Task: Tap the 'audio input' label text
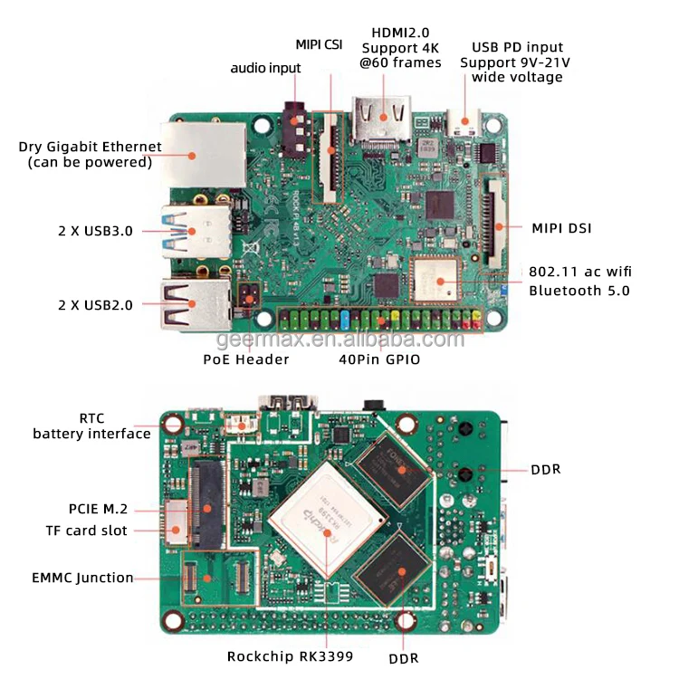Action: [x=265, y=68]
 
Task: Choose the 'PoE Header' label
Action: [x=246, y=359]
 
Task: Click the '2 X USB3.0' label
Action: [x=95, y=230]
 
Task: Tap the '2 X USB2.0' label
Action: [x=95, y=304]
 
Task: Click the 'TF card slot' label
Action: [x=87, y=531]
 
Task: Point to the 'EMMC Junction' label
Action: [x=82, y=578]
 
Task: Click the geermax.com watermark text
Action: [x=340, y=339]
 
